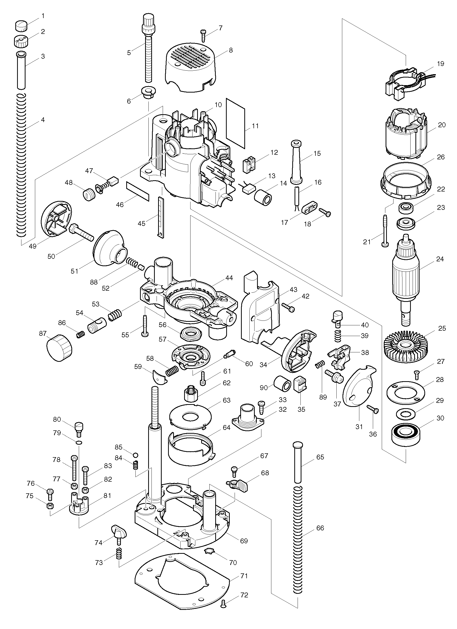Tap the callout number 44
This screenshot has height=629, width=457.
[x=229, y=278]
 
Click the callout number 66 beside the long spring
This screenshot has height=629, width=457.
[x=320, y=528]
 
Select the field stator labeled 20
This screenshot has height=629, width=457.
[x=406, y=135]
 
